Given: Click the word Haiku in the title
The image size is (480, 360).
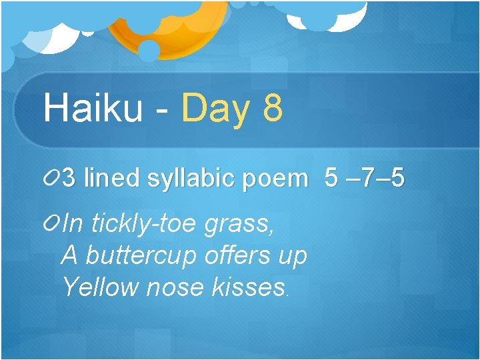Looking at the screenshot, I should click(92, 108).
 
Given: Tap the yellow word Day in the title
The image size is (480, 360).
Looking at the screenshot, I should click(215, 109).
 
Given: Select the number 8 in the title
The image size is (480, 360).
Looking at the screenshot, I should click(273, 108).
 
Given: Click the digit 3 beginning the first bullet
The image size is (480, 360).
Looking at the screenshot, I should click(69, 179).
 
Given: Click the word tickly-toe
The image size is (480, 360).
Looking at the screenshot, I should click(144, 225).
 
